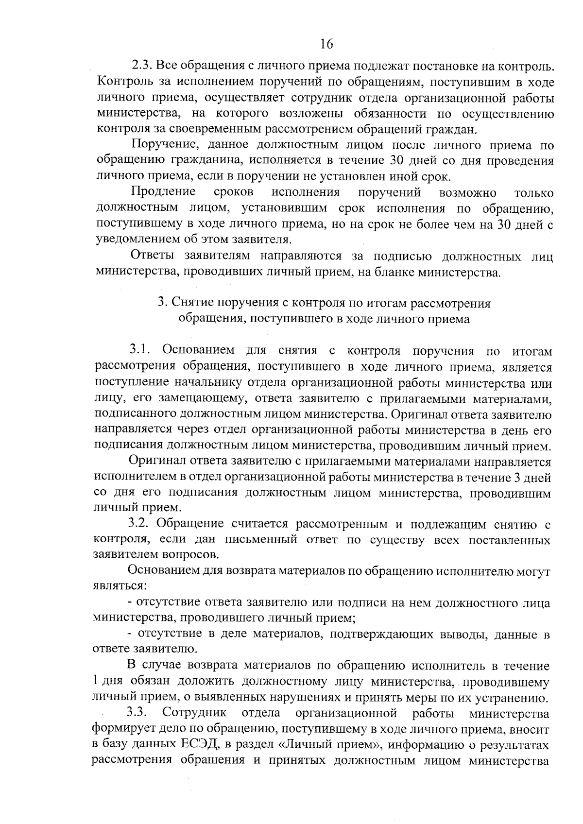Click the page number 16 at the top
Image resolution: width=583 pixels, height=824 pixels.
[x=326, y=44]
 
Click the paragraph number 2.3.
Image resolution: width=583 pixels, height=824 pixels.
[x=142, y=66]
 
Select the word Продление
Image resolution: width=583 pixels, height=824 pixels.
[x=163, y=192]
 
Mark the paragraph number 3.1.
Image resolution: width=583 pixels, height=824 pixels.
[x=140, y=350]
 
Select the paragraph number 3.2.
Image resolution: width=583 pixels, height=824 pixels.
[x=140, y=524]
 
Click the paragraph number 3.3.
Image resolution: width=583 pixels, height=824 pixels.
[x=137, y=713]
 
